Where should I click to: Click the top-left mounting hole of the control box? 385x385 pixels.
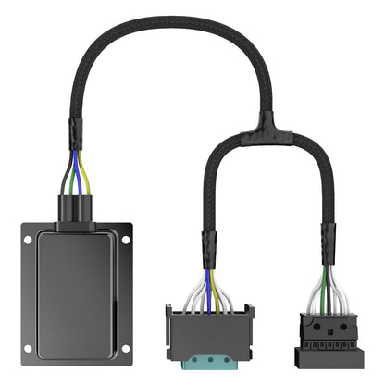pos(29,240)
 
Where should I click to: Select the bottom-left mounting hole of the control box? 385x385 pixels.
pos(29,349)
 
